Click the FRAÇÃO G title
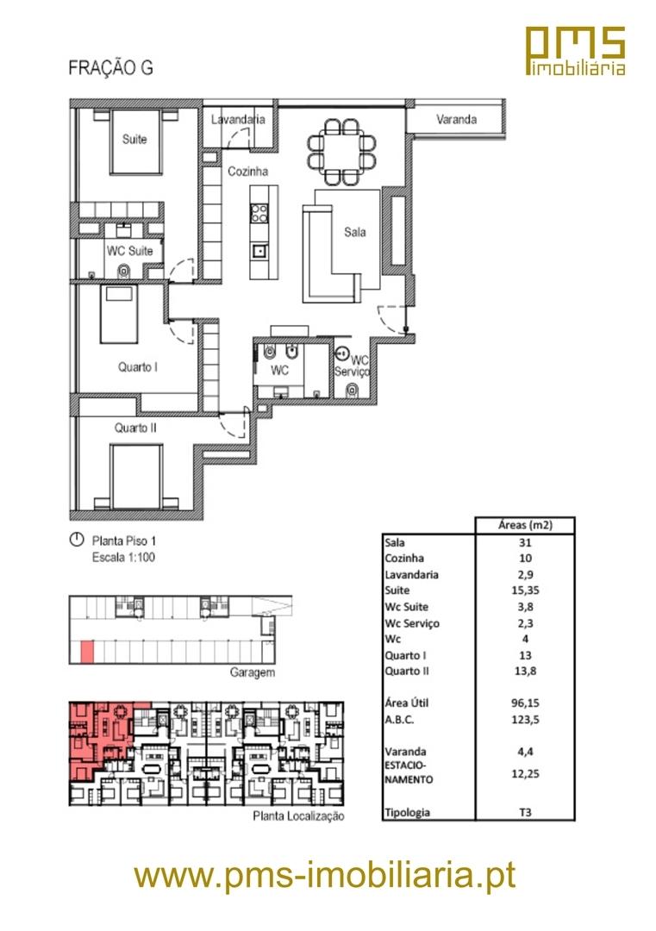click(110, 68)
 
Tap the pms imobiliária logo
click(576, 51)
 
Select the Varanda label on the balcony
click(457, 119)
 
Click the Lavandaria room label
click(238, 119)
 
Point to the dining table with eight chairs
click(342, 152)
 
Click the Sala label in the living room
click(355, 232)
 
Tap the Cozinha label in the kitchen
click(248, 171)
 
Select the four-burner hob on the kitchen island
click(259, 213)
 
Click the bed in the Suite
click(136, 141)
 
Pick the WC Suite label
click(129, 251)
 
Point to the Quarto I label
click(138, 367)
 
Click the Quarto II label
click(135, 428)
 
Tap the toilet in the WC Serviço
click(353, 391)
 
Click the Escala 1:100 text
click(123, 558)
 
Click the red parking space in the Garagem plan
click(87, 652)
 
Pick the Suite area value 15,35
click(525, 590)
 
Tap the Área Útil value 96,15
click(525, 703)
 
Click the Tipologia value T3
click(525, 812)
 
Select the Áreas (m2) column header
click(525, 525)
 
